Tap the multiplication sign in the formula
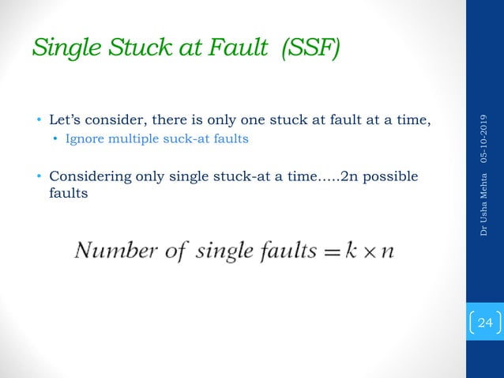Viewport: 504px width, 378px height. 371,252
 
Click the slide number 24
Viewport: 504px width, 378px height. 484,323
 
